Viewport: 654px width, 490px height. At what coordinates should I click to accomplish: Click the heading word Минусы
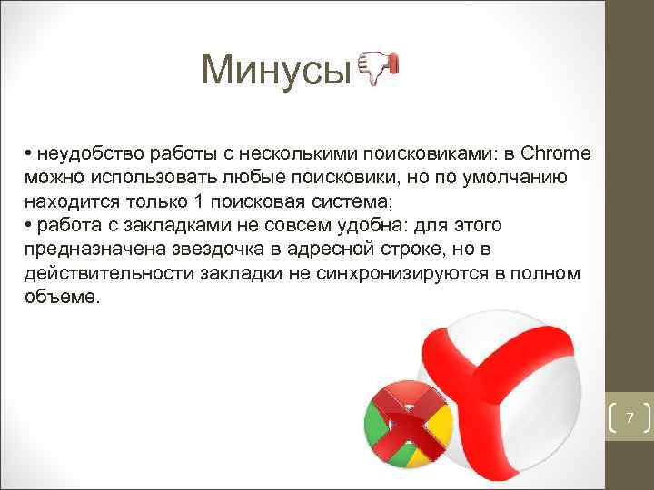275,69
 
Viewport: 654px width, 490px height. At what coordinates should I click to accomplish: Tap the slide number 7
629,418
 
